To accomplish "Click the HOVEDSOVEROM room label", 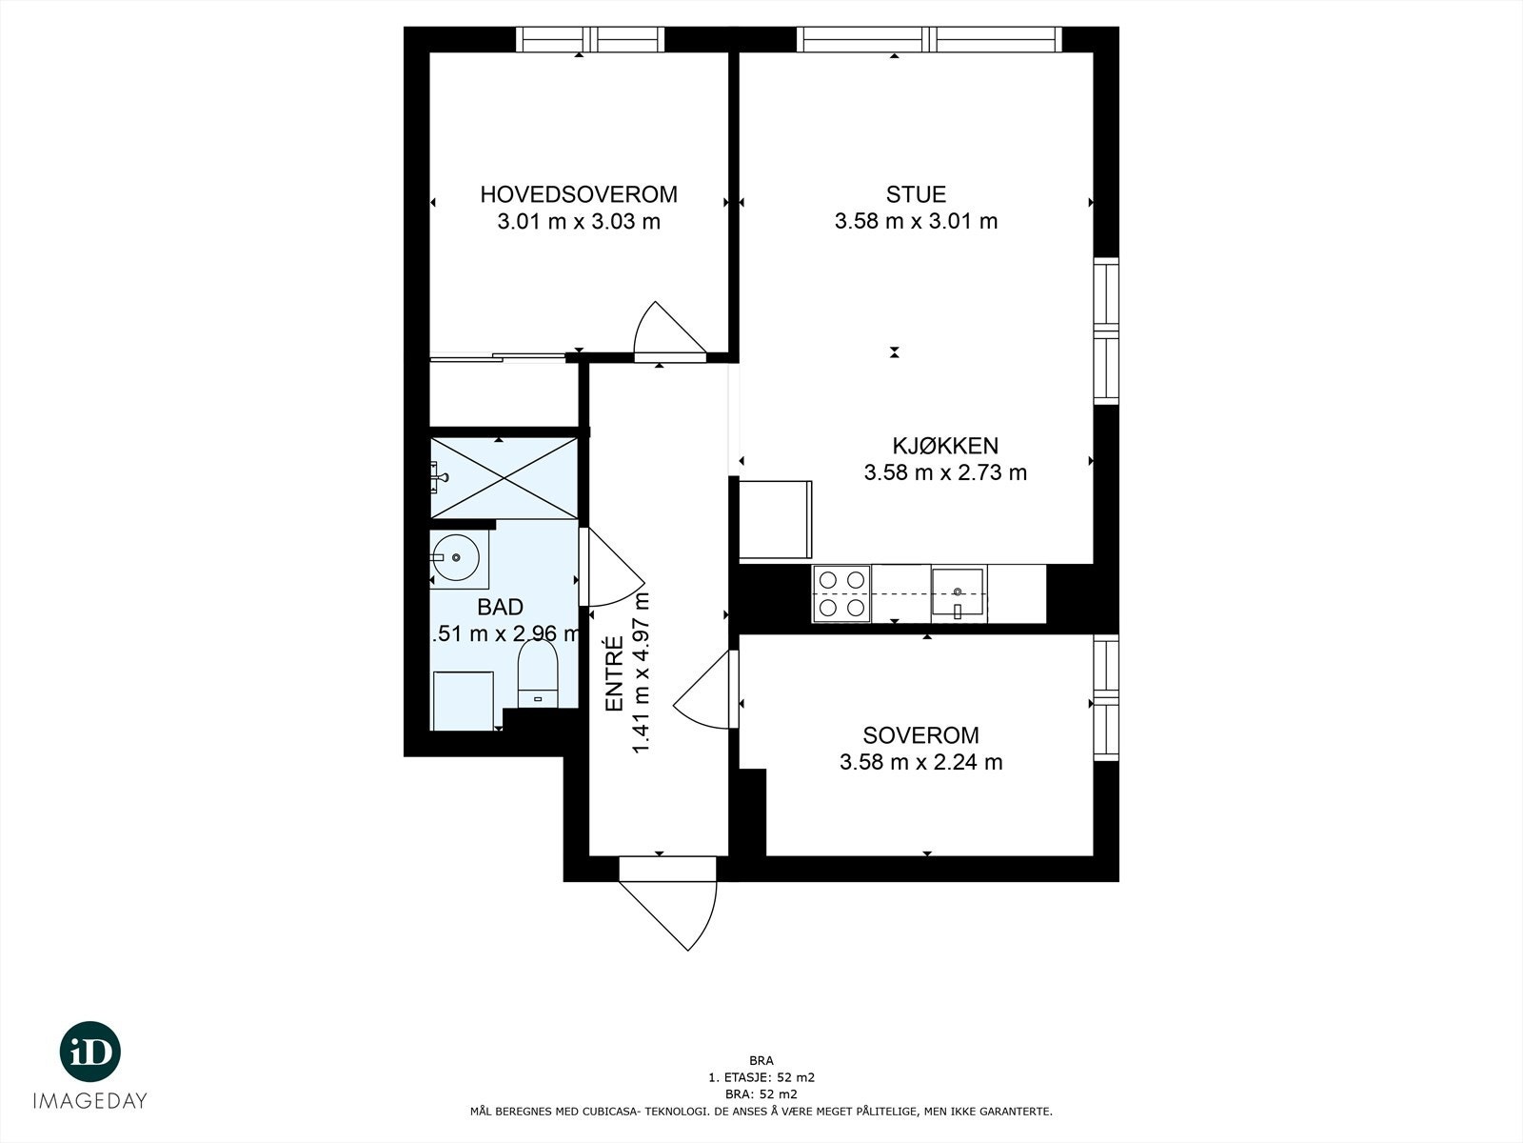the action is pos(579,194).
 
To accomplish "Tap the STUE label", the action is pos(916,194).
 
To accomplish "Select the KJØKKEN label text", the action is pos(945,446).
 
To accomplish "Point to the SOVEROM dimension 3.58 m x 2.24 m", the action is pos(920,762).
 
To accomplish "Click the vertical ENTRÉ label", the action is pos(615,673).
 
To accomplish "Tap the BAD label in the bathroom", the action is pos(500,608).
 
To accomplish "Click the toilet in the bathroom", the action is pos(538,673).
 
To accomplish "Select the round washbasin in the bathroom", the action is pos(456,556).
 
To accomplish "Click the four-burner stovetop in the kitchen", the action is pos(841,594).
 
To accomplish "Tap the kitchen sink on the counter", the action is pos(958,594).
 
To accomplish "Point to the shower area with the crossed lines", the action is pos(504,478).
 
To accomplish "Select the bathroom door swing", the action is pos(612,567).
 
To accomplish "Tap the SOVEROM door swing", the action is pos(705,689).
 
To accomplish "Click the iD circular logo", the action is pos(90,1052).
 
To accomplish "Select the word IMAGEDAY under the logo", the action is pos(90,1101).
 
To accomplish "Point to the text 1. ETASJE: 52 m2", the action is pos(761,1078).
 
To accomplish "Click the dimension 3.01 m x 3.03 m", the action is pos(579,222).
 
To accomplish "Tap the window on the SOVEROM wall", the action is pos(1106,697).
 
